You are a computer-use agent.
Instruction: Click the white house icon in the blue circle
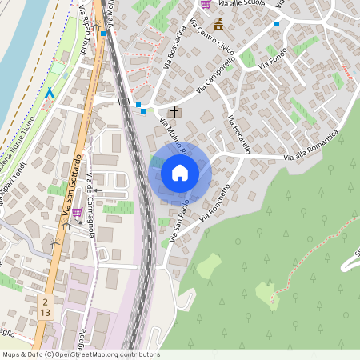180,172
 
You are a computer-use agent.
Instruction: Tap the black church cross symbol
174,111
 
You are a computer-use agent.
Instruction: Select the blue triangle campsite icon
50,94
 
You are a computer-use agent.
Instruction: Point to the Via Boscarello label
239,135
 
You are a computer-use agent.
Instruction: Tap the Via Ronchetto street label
218,200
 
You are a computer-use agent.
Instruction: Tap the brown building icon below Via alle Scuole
218,24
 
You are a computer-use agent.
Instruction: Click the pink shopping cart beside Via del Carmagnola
77,213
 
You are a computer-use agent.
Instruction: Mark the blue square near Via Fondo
277,25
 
